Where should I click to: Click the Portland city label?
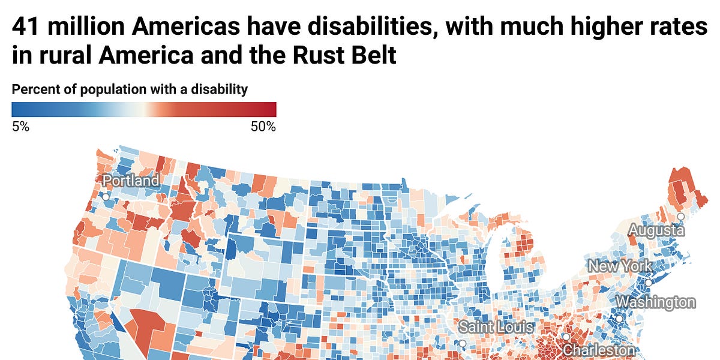click(131, 181)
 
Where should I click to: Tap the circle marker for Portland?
click(106, 196)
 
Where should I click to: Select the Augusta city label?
click(656, 230)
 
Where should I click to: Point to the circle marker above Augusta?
click(680, 217)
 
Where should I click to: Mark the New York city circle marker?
click(648, 282)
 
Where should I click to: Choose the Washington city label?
click(656, 302)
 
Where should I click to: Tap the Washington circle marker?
click(619, 319)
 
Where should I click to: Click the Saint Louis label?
click(496, 328)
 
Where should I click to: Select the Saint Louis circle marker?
click(462, 344)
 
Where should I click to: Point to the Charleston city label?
click(598, 350)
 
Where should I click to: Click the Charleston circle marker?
click(566, 337)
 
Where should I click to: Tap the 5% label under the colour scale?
click(20, 127)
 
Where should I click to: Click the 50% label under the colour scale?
click(263, 127)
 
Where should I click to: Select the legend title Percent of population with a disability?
click(130, 90)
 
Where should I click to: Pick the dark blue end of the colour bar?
click(17, 109)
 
